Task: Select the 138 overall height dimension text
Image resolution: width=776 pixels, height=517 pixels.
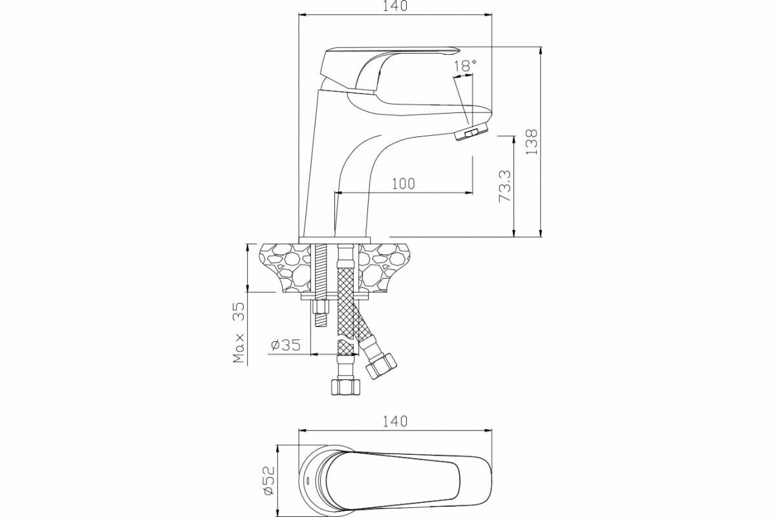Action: click(x=531, y=141)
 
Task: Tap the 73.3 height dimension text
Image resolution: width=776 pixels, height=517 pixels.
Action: click(x=505, y=186)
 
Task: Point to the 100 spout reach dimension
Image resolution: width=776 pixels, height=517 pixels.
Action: click(x=403, y=184)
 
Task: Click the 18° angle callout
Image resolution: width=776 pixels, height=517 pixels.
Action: click(x=465, y=65)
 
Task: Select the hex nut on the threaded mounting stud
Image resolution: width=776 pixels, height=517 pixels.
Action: click(x=319, y=307)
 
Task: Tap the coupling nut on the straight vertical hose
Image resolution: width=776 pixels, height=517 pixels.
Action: click(x=345, y=387)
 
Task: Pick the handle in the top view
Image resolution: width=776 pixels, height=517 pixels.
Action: click(x=401, y=478)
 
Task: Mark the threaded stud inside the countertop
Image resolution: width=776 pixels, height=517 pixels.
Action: click(x=319, y=268)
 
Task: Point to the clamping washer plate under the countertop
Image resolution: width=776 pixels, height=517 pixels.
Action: click(x=337, y=297)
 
